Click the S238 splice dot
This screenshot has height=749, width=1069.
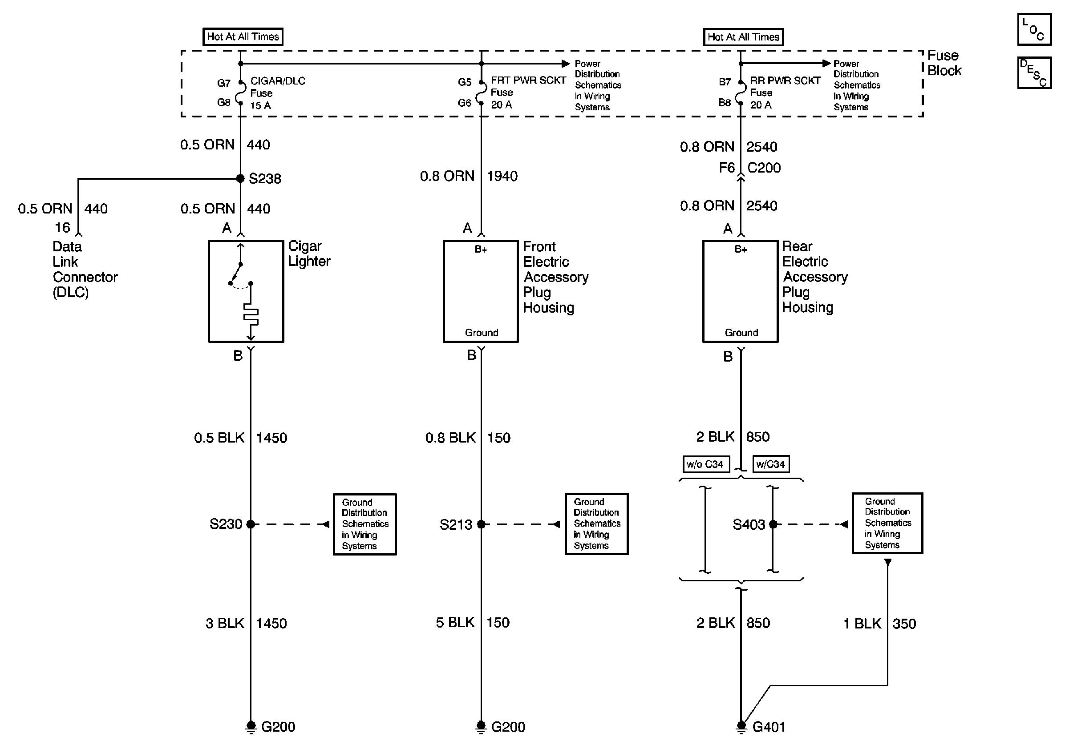[x=240, y=178]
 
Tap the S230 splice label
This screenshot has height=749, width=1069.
[x=226, y=524]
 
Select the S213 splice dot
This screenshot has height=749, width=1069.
[x=481, y=524]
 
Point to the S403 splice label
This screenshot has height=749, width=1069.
[x=748, y=525]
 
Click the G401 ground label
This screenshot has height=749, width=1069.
[x=769, y=727]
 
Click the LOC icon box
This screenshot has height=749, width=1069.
[x=1034, y=29]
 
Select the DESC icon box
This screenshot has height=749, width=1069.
[x=1034, y=72]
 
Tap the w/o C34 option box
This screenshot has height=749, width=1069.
[x=705, y=464]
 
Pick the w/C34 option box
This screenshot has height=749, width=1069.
[x=770, y=464]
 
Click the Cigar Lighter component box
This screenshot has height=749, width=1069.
[x=246, y=291]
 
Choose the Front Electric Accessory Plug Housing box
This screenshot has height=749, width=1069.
[x=481, y=291]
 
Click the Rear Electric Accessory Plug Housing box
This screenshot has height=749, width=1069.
[x=740, y=291]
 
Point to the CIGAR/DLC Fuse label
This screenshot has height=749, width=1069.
[x=278, y=93]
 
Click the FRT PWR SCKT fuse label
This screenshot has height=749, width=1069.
[x=528, y=92]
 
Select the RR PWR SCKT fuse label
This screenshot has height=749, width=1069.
[x=785, y=92]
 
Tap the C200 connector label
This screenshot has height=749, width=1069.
[x=764, y=168]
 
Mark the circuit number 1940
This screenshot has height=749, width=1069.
[x=502, y=176]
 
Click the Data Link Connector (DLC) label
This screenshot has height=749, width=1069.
[x=85, y=269]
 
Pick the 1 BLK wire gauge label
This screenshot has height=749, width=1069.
[x=862, y=624]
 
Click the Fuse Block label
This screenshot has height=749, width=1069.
[x=944, y=63]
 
